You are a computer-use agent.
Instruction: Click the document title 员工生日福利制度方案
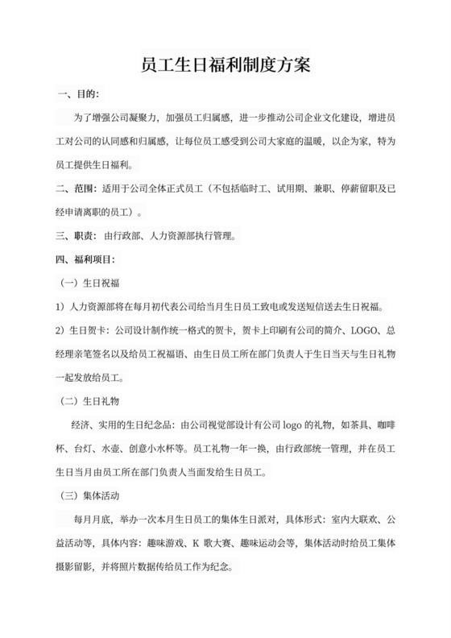click(x=225, y=64)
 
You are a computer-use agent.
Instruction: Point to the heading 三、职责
click(x=72, y=237)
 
